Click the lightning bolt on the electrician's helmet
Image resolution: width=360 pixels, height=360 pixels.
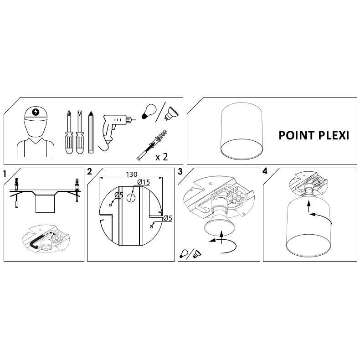click(x=36, y=112)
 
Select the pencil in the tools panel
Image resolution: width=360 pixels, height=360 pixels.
click(x=91, y=132)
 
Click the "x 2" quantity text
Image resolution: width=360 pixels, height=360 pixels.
click(x=162, y=157)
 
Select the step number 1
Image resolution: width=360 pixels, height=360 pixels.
click(x=5, y=174)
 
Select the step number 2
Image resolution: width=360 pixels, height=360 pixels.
click(x=89, y=171)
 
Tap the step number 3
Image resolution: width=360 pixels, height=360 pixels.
click(x=180, y=171)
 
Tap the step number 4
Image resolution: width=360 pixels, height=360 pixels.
click(x=265, y=171)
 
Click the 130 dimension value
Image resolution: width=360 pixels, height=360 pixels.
click(x=132, y=175)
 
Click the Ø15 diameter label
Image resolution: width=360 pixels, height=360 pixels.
click(x=144, y=182)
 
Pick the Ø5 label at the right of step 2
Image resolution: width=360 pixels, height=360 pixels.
click(x=168, y=218)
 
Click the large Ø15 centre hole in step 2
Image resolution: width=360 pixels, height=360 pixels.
click(x=131, y=198)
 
